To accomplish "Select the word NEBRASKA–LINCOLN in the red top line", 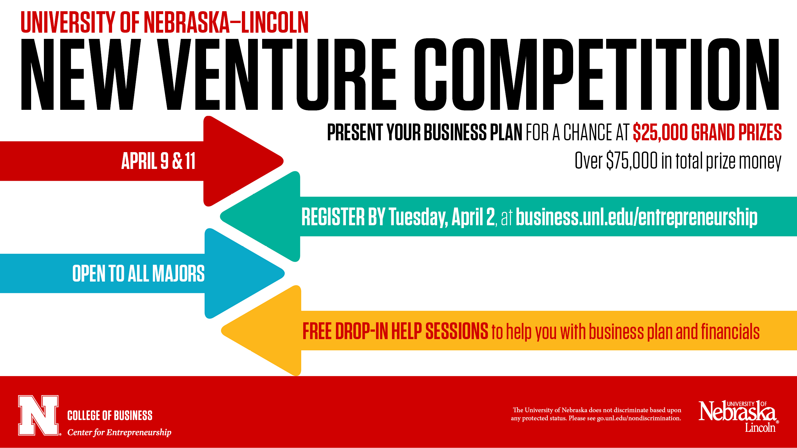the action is [226, 22].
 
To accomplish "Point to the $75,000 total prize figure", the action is [632, 161].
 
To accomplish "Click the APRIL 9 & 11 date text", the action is [158, 161].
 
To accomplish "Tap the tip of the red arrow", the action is [283, 161].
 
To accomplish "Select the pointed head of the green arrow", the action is [221, 216].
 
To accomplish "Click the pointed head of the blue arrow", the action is [284, 273].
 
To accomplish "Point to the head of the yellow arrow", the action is [222, 331].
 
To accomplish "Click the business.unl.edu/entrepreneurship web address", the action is [637, 217].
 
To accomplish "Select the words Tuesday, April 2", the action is [442, 217].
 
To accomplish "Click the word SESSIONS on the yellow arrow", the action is [457, 331].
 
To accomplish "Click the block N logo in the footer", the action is [39, 415].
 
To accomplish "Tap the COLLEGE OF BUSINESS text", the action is [110, 416].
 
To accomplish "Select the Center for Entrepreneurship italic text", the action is [119, 432].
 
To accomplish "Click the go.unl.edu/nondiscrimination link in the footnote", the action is [639, 418].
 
